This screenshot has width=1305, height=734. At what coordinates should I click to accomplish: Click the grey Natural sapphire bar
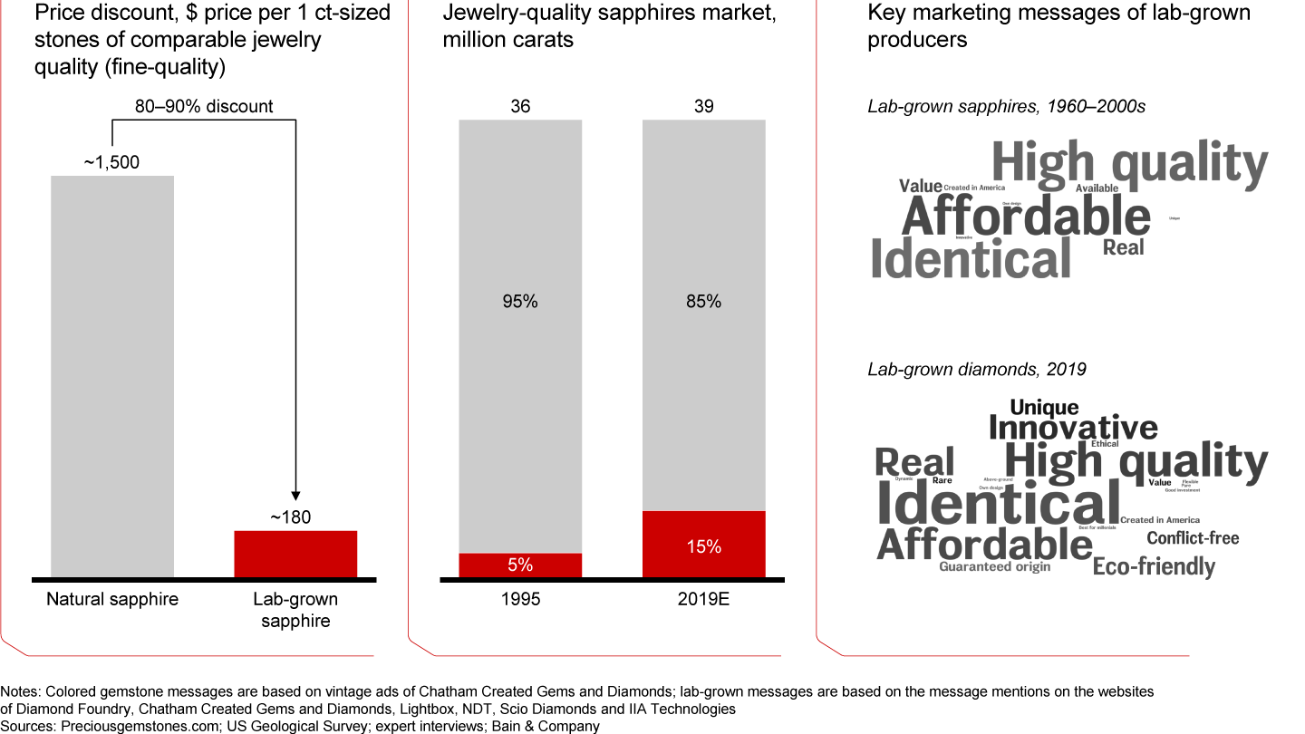[112, 376]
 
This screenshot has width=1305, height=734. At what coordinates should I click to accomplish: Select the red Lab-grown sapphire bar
[295, 554]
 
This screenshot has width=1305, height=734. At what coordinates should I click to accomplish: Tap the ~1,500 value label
[112, 162]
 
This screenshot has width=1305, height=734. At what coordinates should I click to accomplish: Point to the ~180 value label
[290, 517]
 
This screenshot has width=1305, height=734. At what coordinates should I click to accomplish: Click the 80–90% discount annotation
[204, 106]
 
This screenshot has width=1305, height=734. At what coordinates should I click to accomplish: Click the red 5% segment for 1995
[520, 565]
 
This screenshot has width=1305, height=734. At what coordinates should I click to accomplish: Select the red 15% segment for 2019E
[704, 545]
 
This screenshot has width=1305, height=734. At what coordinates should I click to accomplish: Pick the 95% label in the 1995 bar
[520, 302]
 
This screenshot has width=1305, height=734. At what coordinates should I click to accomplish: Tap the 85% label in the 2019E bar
[704, 302]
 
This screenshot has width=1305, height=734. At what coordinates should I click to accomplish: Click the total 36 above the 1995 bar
[520, 106]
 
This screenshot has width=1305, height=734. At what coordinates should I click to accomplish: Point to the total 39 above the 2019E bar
[704, 106]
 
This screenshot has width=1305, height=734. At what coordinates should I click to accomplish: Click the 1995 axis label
[520, 599]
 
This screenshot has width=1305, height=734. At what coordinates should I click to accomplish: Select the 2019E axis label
[704, 599]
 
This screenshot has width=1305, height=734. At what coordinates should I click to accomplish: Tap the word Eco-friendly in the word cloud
[1154, 567]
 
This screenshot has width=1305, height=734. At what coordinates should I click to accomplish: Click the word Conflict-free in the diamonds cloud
[1193, 538]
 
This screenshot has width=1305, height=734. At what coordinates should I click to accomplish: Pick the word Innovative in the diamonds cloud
[1073, 427]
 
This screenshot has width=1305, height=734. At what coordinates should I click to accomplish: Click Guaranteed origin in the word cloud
[995, 567]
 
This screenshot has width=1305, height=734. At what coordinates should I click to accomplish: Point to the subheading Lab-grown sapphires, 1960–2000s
[1007, 106]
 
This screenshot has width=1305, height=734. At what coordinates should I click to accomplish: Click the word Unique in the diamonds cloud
[1044, 408]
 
